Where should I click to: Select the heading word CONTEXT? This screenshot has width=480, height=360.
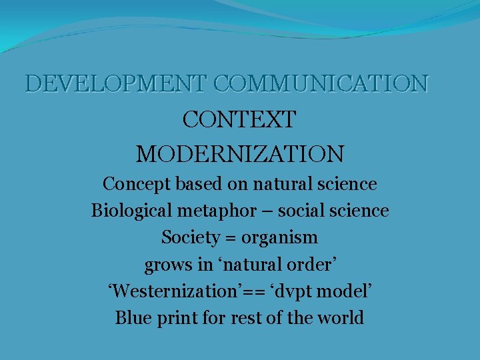pyautogui.click(x=239, y=120)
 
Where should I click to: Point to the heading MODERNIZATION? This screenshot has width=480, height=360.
pyautogui.click(x=240, y=155)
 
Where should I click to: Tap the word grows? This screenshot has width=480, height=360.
pyautogui.click(x=168, y=265)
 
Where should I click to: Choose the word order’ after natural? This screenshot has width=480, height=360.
pyautogui.click(x=312, y=265)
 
